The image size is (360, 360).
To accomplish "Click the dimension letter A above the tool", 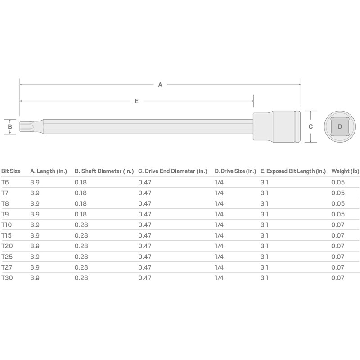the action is click(160, 85).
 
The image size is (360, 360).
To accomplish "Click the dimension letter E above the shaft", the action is click(137, 101).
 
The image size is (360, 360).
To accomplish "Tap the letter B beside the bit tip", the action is click(10, 127).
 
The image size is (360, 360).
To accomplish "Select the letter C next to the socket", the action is click(310, 127).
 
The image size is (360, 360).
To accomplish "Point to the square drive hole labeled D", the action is click(340, 126).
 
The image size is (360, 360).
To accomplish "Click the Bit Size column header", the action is click(11, 171).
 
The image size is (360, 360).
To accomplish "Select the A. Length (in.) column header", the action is click(49, 171).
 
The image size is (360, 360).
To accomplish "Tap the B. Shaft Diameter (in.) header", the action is click(104, 171).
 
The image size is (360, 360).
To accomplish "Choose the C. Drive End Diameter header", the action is click(173, 171).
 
